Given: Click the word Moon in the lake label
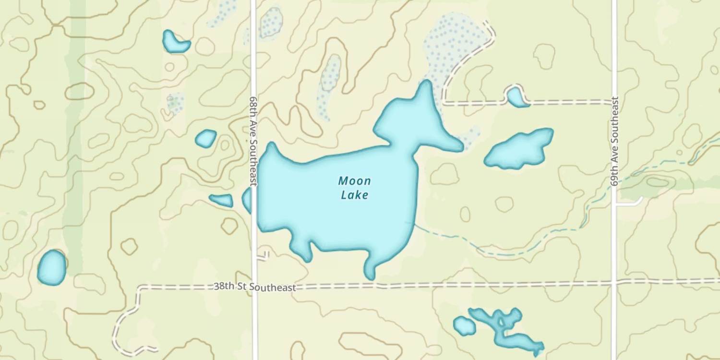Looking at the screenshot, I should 354,181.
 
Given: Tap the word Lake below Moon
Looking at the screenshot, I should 354,195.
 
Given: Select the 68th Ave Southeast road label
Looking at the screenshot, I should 253,140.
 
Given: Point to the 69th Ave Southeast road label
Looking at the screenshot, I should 614,140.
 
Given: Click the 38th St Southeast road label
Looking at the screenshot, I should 254,287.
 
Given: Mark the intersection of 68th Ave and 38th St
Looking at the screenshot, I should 254,287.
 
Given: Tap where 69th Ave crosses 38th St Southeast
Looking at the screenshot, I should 614,282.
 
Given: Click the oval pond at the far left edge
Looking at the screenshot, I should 52,267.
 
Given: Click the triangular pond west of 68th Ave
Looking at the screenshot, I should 222,200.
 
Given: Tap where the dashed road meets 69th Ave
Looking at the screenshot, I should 614,102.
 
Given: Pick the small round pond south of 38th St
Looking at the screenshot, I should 464,326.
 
